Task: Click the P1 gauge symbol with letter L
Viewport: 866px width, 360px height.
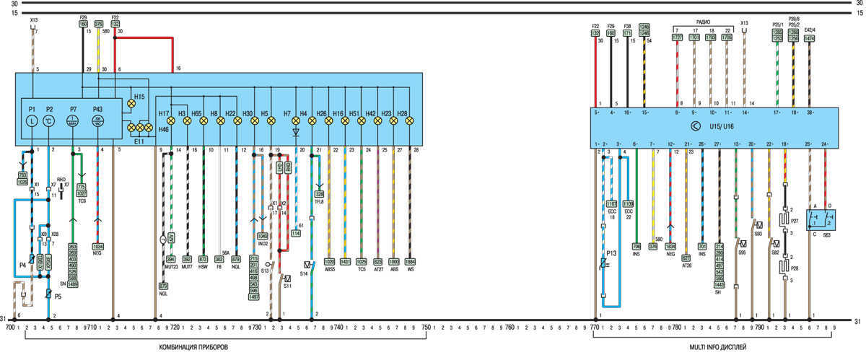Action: click(x=32, y=122)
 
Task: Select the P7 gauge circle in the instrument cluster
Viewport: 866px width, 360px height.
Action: click(x=74, y=122)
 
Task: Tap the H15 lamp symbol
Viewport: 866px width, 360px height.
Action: click(x=131, y=104)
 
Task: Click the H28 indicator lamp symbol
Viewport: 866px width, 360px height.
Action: click(x=410, y=122)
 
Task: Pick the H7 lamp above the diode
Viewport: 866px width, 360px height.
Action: click(x=295, y=122)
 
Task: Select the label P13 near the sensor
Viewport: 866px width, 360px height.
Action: click(x=611, y=254)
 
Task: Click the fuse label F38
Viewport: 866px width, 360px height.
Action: click(x=626, y=25)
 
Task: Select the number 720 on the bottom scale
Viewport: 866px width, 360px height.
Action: click(x=174, y=328)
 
